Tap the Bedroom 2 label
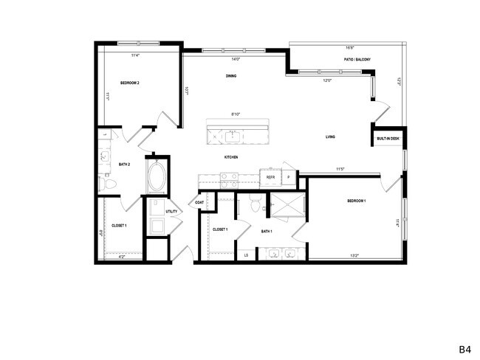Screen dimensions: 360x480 130,83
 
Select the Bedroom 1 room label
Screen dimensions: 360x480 357,201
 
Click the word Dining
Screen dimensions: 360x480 231,77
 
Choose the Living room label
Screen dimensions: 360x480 332,137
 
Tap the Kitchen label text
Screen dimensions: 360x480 231,157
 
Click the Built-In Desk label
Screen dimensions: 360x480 388,138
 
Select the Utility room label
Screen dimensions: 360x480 171,212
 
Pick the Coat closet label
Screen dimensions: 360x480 200,202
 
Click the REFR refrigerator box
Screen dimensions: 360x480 271,177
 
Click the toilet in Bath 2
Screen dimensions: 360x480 106,181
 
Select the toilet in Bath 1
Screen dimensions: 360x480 255,206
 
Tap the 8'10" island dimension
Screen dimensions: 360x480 236,114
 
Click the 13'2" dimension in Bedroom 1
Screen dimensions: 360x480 354,256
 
